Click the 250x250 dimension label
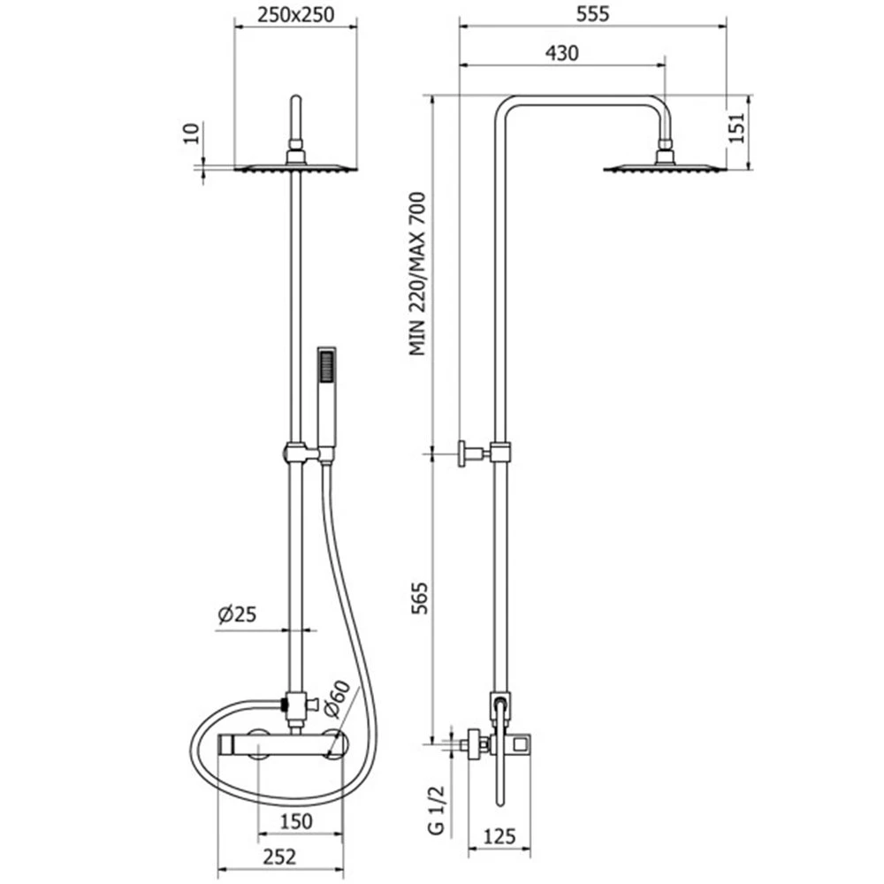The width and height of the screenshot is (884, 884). pyautogui.click(x=295, y=15)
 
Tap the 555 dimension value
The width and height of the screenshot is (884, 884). pyautogui.click(x=592, y=14)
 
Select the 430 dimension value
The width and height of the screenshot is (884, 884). pyautogui.click(x=561, y=53)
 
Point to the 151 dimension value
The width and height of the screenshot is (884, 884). pyautogui.click(x=736, y=128)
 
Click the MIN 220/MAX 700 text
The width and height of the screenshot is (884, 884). pyautogui.click(x=418, y=274)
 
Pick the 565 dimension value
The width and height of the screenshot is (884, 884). pyautogui.click(x=418, y=598)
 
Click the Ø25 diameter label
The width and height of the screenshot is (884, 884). pyautogui.click(x=237, y=614)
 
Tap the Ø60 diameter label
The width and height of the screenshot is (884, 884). pyautogui.click(x=337, y=698)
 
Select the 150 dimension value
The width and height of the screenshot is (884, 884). pyautogui.click(x=296, y=821)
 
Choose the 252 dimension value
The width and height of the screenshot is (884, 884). pyautogui.click(x=279, y=857)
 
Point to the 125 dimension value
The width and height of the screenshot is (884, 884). pyautogui.click(x=499, y=836)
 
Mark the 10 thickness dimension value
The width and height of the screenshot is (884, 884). pyautogui.click(x=192, y=133)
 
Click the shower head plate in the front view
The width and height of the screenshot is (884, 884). pyautogui.click(x=295, y=167)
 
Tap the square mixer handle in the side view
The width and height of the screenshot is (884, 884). pyautogui.click(x=520, y=744)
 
